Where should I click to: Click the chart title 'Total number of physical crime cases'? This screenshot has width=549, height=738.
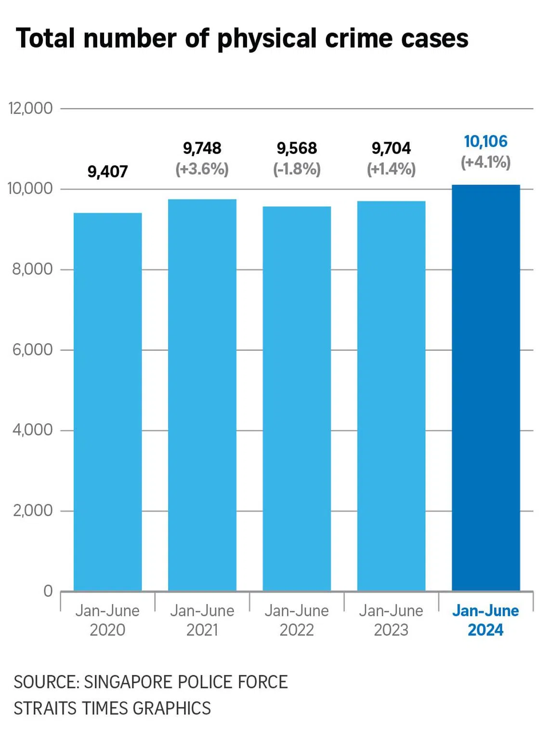click(x=242, y=39)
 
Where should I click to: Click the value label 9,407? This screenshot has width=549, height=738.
click(x=107, y=172)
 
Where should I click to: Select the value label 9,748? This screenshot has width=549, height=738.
click(x=202, y=148)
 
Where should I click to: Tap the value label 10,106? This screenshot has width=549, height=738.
click(x=485, y=142)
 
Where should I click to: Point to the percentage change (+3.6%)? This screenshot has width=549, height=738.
click(x=202, y=169)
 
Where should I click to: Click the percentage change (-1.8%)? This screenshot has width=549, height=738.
click(x=297, y=169)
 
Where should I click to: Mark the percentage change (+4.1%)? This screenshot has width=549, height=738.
click(x=485, y=162)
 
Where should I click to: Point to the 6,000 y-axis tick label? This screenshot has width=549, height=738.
click(x=33, y=349)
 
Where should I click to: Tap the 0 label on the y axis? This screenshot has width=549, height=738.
click(x=48, y=590)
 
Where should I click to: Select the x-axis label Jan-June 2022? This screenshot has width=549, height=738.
click(x=297, y=620)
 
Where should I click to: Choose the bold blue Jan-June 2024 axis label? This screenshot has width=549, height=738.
click(x=485, y=620)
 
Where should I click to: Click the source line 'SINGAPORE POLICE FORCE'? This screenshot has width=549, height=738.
click(x=185, y=682)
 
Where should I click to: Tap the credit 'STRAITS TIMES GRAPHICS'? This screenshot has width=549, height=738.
click(x=112, y=708)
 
